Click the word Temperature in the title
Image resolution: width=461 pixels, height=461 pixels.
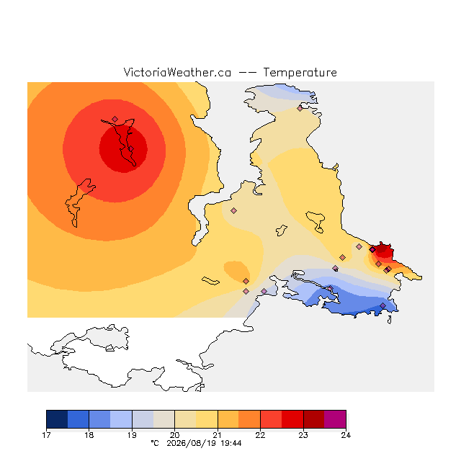click(300, 73)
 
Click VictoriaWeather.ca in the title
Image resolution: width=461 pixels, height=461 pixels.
click(177, 73)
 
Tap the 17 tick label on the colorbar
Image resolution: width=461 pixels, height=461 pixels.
click(46, 435)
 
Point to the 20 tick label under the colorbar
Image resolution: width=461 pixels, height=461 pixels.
click(174, 435)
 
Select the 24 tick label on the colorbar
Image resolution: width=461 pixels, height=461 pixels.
click(346, 435)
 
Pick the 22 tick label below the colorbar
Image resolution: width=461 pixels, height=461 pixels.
click(260, 435)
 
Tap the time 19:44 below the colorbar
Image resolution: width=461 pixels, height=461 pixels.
click(231, 444)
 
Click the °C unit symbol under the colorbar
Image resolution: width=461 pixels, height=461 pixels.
click(155, 443)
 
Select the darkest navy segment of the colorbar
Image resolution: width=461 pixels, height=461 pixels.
click(57, 419)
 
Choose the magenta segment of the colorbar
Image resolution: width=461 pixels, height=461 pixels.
click(335, 419)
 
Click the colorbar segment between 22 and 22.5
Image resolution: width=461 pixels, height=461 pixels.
click(271, 419)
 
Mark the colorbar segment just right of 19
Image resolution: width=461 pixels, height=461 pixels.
click(143, 419)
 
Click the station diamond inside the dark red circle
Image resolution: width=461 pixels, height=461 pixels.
click(131, 149)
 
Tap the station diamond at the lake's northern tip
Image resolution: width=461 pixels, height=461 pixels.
click(115, 119)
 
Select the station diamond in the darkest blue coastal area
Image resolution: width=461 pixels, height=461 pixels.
click(382, 305)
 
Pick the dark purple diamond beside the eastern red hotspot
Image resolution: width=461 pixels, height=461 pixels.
click(372, 250)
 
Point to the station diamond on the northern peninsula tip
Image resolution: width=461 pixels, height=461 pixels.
click(300, 108)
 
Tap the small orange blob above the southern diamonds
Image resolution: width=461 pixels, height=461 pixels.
click(236, 270)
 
